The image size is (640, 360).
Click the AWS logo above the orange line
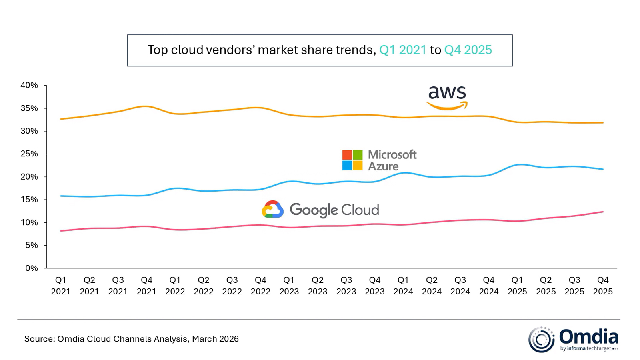coord(447,97)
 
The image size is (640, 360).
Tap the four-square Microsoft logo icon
coord(352,160)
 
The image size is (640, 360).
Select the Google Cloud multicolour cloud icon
coord(273,209)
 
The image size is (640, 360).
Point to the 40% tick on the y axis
coord(29,85)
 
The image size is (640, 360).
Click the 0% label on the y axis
coord(31,268)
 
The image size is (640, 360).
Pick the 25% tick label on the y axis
coord(29,154)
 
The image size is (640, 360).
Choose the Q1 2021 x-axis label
coord(61,286)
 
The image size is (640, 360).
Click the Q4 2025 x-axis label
coord(603,286)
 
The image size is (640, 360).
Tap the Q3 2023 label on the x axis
coord(346,286)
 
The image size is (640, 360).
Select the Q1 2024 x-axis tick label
coord(403,286)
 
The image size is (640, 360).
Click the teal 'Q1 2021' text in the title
coord(403,50)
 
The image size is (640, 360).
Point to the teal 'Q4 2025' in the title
coord(468,50)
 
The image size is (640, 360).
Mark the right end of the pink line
coord(603,212)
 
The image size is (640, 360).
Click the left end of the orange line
coord(61,119)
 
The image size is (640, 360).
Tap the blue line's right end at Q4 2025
coord(603,169)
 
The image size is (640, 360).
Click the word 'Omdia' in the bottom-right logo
coord(588,337)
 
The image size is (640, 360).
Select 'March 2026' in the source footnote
coord(215,339)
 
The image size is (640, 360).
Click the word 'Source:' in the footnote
coord(39,339)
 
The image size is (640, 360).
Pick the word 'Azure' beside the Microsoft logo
coord(383,166)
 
